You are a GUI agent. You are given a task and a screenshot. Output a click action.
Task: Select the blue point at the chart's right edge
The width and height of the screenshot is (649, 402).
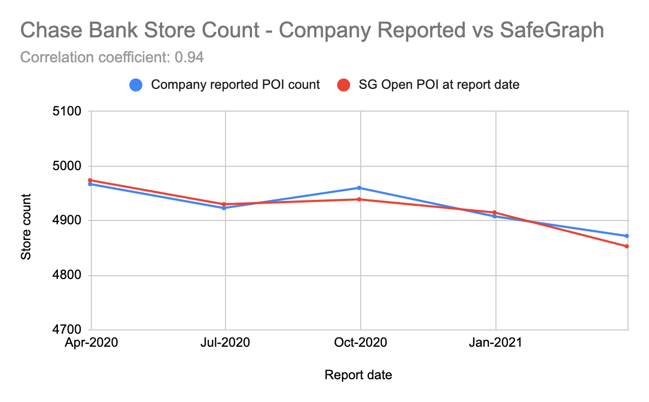coord(627,236)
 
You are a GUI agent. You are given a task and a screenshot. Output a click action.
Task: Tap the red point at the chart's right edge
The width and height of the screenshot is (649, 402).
coord(627,246)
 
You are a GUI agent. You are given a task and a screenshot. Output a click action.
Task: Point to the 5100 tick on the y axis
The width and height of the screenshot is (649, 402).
coord(67,112)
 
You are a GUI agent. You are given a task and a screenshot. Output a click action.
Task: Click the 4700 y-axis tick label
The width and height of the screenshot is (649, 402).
coord(67,329)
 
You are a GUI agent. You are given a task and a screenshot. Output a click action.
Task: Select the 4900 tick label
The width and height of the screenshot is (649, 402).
coord(67,221)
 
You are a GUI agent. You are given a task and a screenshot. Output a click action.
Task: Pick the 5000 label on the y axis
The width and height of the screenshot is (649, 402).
coord(67,166)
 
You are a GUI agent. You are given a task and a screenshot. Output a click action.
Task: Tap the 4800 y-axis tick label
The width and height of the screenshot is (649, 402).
coord(67,275)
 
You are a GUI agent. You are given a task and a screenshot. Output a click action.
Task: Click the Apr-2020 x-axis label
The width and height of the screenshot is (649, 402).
coord(91,342)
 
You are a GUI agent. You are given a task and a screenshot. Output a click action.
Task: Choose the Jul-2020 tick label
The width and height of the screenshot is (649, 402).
coord(225,342)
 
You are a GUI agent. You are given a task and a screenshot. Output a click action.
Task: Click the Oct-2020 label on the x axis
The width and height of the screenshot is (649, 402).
coord(360,342)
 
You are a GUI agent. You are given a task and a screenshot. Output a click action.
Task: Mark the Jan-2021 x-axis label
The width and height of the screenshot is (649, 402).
coord(495,342)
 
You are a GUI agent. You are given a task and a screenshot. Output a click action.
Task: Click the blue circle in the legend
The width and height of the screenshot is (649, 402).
coord(136,85)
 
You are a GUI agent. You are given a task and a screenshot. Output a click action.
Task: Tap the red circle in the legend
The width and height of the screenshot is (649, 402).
coord(342,85)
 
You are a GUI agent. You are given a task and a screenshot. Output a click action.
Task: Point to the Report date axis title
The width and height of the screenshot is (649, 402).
coord(358,375)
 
